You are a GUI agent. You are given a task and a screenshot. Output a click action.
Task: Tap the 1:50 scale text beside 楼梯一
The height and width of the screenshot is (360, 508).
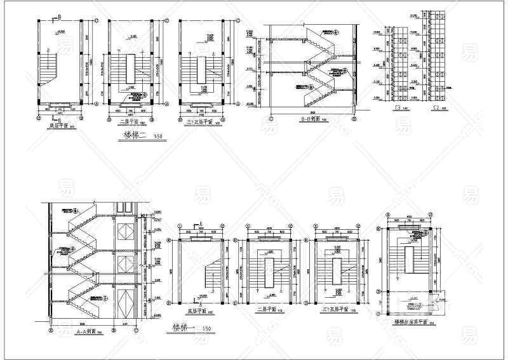coord(206,328)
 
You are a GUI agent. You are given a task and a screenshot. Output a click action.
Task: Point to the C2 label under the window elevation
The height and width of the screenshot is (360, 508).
coord(436,109)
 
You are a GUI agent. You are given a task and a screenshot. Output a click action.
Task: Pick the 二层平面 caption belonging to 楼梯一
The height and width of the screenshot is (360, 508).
coord(267,312)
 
